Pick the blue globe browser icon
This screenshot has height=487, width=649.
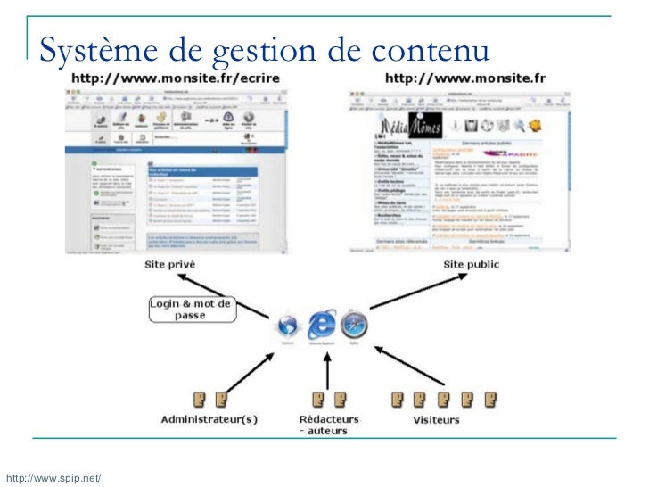click(x=287, y=324)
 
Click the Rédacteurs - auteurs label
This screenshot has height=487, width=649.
click(x=329, y=424)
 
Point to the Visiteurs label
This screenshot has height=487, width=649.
click(x=437, y=418)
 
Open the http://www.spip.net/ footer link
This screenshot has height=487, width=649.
click(x=51, y=479)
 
